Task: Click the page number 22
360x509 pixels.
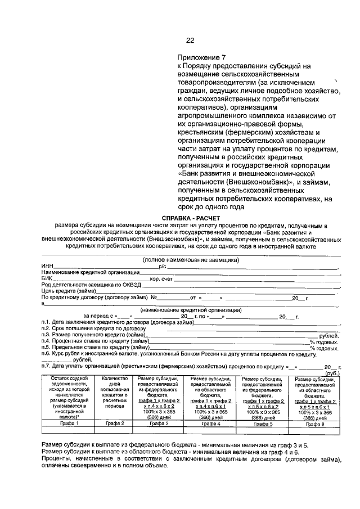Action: (x=190, y=40)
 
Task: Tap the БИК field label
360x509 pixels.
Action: (x=47, y=278)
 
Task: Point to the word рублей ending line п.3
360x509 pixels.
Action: (x=328, y=335)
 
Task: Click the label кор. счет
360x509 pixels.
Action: (x=161, y=278)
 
